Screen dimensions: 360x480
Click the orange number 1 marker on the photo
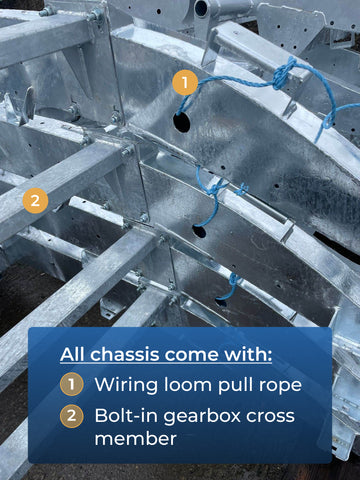[x=185, y=82]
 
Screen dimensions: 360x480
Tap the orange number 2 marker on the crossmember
[x=35, y=201]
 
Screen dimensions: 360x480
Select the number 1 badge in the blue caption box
[x=71, y=384]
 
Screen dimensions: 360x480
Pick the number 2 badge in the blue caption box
[x=71, y=416]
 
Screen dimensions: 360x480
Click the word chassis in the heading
[x=125, y=354]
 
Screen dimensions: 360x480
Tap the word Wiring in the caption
[x=126, y=385]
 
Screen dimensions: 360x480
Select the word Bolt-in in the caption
[x=127, y=416]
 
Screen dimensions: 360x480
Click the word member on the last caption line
[x=135, y=439]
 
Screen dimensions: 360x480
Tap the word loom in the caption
[x=188, y=385]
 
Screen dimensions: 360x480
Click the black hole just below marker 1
[x=182, y=122]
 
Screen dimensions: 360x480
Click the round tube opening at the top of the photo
[x=201, y=8]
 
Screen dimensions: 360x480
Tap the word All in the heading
[x=73, y=354]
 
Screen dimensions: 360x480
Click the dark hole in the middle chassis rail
[x=199, y=231]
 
